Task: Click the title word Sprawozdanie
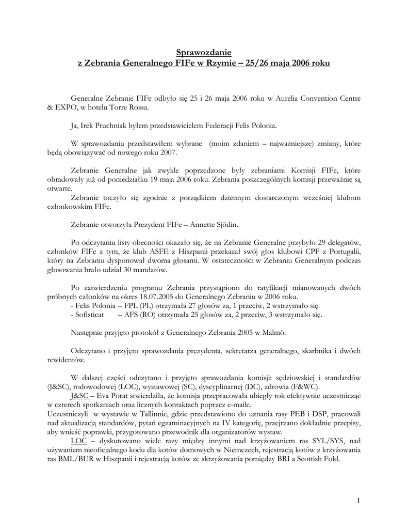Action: [204, 52]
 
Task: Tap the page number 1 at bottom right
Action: [358, 500]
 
